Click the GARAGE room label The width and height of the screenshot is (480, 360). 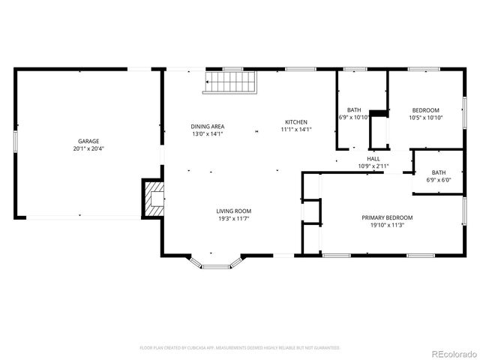point(89,141)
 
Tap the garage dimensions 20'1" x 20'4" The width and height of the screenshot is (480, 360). point(89,148)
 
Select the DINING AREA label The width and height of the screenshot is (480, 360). point(208,126)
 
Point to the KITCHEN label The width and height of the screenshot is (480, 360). point(295,122)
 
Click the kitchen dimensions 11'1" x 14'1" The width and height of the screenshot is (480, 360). point(295,130)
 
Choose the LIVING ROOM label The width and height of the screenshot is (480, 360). point(234,211)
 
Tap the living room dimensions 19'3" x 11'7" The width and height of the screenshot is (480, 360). point(234,219)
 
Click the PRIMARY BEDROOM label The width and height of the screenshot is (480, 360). point(387,217)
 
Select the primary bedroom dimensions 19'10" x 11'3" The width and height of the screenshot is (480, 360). point(387,225)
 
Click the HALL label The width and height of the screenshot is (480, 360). point(373,158)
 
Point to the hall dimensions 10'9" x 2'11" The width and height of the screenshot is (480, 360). point(373,166)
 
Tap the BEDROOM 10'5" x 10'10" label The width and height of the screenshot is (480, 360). point(425,110)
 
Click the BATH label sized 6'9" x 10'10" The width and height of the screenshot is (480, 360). point(354,110)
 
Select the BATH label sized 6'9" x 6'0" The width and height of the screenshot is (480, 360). point(438,172)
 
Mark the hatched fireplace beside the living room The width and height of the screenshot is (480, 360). point(154,198)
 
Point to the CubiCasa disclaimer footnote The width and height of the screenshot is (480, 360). point(240,348)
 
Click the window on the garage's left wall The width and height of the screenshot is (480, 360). point(15,142)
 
